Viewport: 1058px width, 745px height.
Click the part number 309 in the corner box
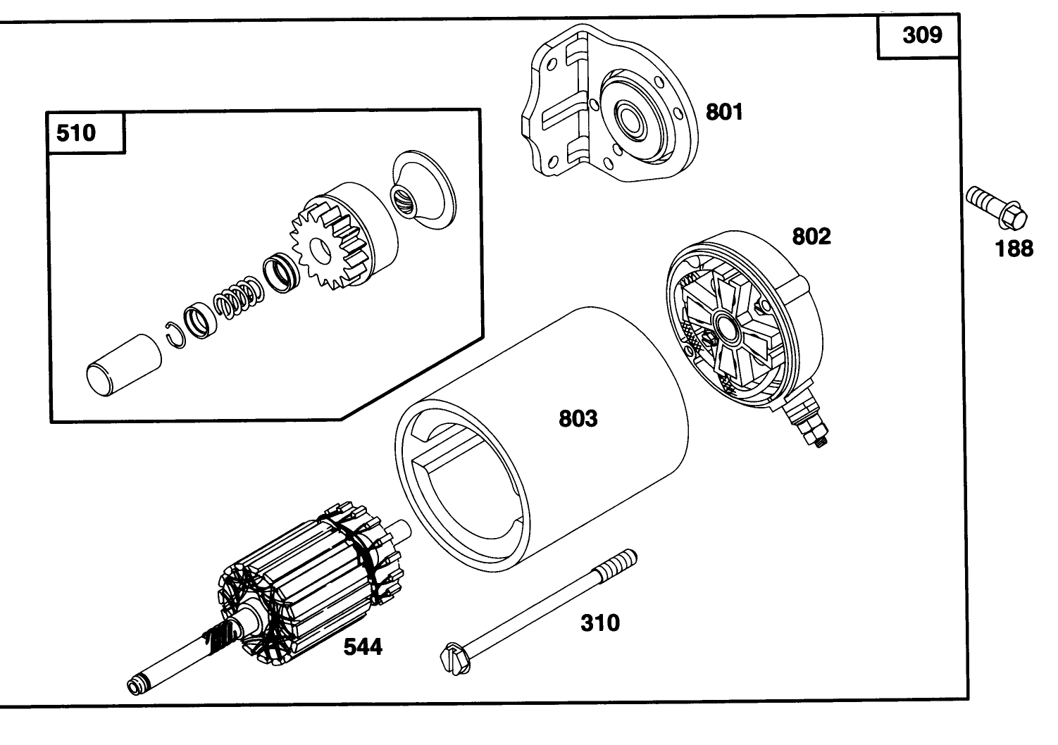point(921,35)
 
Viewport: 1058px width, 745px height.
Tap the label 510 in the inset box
point(75,132)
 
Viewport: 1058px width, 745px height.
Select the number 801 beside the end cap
point(724,112)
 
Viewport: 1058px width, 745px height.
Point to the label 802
point(811,237)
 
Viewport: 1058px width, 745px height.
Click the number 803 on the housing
point(578,419)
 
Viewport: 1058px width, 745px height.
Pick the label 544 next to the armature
point(363,646)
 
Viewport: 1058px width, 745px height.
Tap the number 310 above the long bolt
point(600,622)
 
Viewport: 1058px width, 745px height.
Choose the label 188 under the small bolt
point(1014,249)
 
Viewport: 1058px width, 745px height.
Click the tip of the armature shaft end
point(135,685)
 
